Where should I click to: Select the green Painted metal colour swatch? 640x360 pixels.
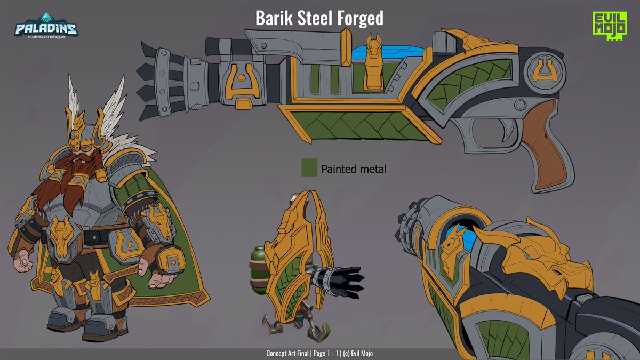309,168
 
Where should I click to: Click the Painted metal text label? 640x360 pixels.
354,169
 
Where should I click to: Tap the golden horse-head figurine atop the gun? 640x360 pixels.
374,61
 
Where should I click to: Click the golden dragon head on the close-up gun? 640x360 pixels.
539,256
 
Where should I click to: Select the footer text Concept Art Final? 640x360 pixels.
289,354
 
